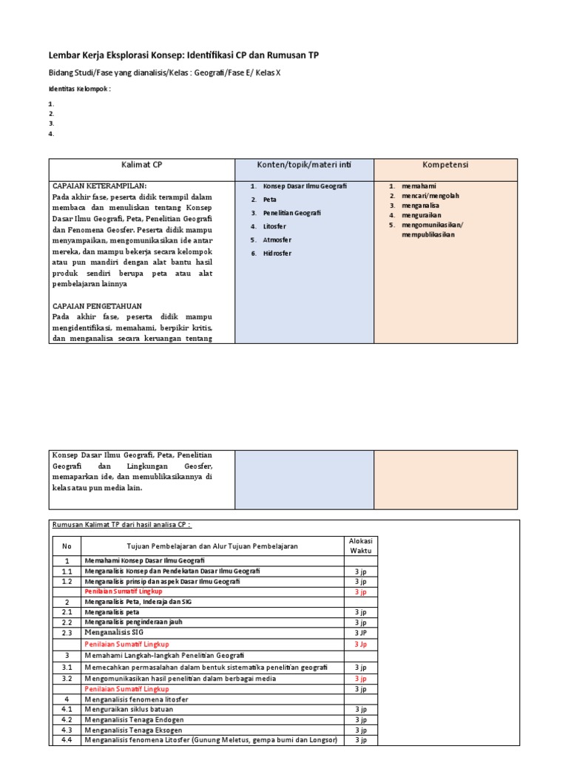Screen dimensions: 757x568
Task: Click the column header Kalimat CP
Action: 142,166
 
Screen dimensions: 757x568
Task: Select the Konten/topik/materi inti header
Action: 304,166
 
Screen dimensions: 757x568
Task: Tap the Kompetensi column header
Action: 445,166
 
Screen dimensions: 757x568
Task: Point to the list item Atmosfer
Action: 277,240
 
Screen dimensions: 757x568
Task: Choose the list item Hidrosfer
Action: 277,254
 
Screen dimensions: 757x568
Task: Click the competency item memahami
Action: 419,186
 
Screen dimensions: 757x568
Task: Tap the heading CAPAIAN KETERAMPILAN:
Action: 100,186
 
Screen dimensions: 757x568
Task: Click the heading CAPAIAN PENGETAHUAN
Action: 98,306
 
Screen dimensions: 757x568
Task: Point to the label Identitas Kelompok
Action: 79,89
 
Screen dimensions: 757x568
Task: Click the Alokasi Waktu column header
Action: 360,546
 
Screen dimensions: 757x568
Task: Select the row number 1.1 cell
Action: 67,571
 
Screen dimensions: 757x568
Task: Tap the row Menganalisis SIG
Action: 114,633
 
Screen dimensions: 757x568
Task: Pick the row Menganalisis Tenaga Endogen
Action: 135,719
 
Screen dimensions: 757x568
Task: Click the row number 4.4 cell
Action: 67,740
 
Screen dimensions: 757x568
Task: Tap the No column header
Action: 67,546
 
